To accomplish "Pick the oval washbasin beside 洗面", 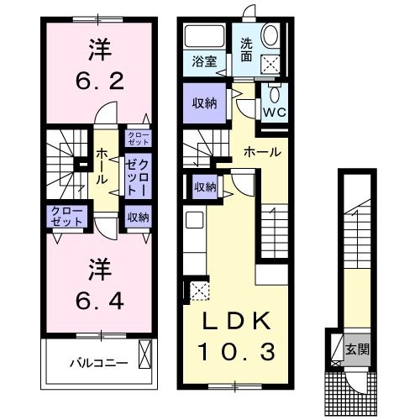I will coord(272,37).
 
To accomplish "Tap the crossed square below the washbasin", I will coord(272,63).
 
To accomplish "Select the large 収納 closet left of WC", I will coord(202,105).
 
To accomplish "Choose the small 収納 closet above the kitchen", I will coord(205,186).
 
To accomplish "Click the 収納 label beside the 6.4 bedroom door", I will coord(139,218).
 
